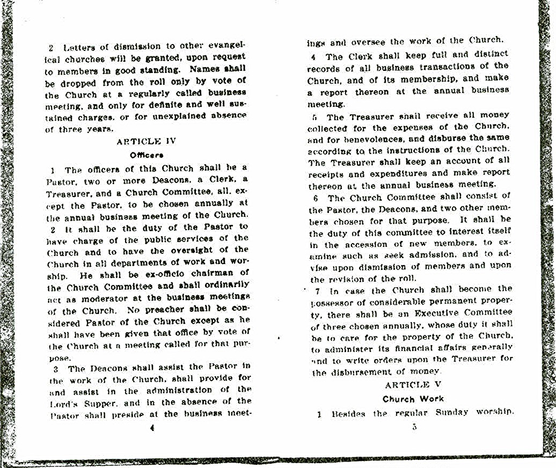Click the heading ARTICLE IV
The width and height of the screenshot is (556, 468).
[146, 142]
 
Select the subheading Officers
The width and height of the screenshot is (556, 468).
[147, 156]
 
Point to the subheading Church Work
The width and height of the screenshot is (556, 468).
[413, 399]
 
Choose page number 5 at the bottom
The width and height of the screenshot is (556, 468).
[414, 427]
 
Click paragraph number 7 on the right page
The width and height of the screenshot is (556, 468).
[317, 290]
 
